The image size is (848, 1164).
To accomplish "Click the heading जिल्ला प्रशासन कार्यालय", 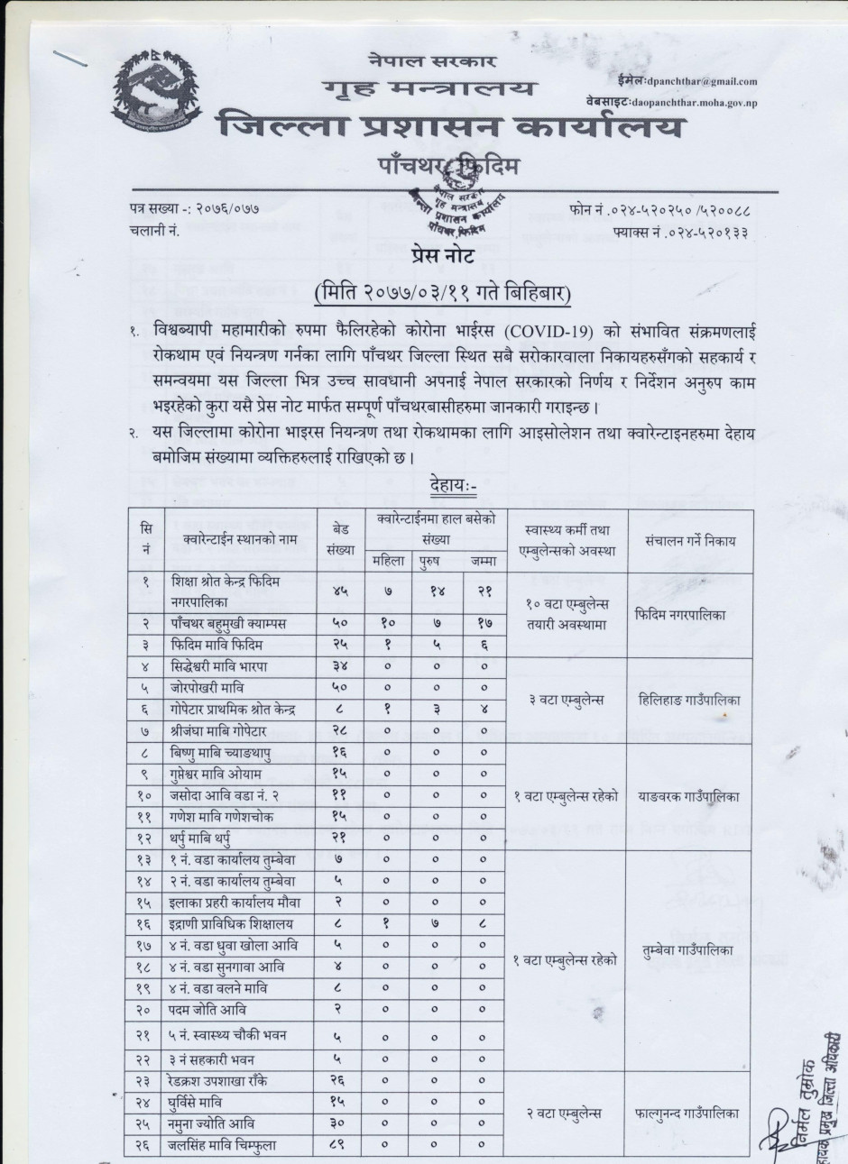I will [448, 125].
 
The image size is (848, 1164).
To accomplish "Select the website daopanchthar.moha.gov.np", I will [694, 105].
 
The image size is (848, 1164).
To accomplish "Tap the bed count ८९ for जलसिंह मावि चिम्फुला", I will [339, 1146].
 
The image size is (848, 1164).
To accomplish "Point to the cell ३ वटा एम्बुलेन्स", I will [567, 700].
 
